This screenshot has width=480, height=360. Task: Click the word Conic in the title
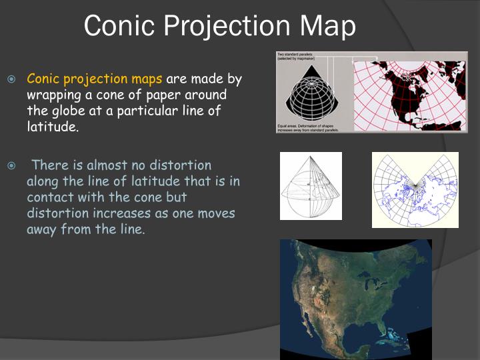coord(115,26)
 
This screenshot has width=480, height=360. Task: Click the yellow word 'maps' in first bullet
coord(147,79)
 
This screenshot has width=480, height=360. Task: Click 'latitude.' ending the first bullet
coord(53,126)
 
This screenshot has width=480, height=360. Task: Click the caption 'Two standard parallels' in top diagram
coord(295,55)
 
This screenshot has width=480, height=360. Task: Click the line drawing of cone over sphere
coord(311,187)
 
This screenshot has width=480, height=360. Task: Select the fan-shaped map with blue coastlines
coord(415,190)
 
